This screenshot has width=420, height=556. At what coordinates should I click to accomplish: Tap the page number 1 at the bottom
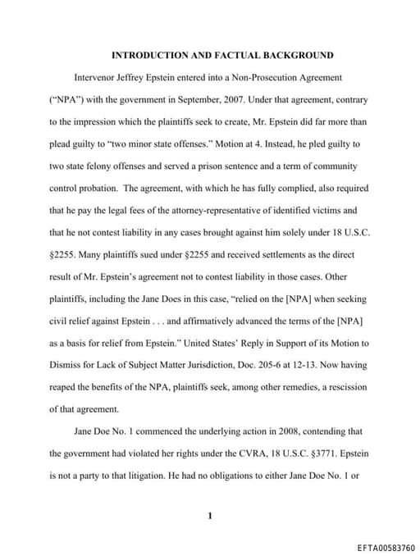pyautogui.click(x=210, y=516)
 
